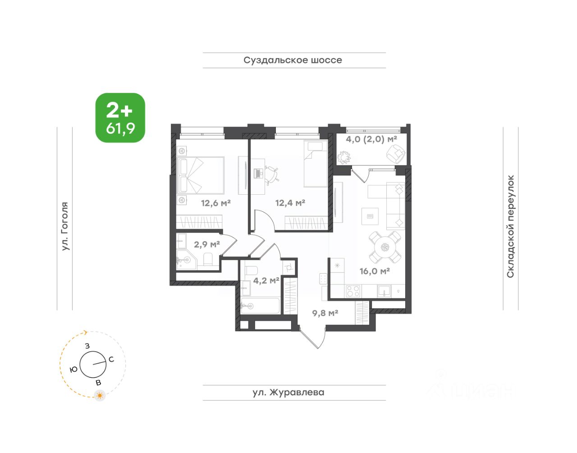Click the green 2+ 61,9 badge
point(120,118)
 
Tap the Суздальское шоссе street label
point(293,60)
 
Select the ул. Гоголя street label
point(64,226)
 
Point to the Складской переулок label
point(510,226)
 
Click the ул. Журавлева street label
point(288,392)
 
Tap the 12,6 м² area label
point(215,203)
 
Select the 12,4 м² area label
point(290,203)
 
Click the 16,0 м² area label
point(375,271)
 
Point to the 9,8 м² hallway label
point(325,313)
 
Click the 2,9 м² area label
point(207,244)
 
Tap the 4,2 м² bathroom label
point(266,280)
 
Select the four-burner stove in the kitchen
point(353,291)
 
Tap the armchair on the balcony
point(396,154)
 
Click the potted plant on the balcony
point(344,157)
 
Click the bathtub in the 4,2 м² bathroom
point(260,306)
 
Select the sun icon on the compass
point(100,396)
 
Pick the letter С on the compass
point(111,359)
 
